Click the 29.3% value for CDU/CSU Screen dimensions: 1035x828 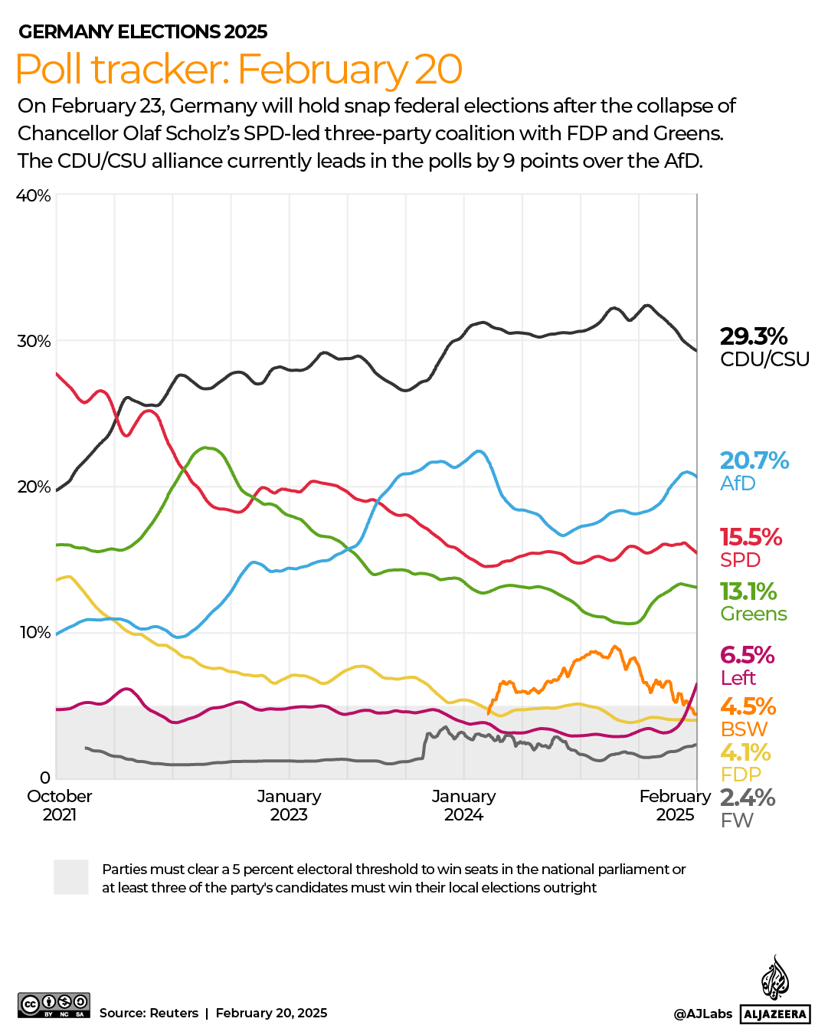pos(754,336)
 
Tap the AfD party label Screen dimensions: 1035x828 pos(738,483)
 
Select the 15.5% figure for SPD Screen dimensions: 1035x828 pos(751,537)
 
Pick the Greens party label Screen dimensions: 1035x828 pos(754,614)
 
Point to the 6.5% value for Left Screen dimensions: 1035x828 pos(747,655)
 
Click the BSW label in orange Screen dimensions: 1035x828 pos(744,729)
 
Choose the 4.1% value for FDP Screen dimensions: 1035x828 pos(745,752)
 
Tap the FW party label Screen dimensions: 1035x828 pos(737,820)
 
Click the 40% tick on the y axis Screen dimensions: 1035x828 pos(34,195)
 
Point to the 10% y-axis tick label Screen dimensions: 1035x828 pos(34,632)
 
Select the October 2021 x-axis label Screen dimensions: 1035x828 pos(60,805)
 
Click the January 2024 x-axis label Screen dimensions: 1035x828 pos(463,805)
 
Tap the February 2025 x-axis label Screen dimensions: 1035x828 pos(675,805)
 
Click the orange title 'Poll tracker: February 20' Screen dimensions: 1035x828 pos(239,69)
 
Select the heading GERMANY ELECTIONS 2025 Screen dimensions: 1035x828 pos(143,31)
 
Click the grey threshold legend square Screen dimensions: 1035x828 pos(71,877)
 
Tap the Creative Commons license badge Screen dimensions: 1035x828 pos(54,1004)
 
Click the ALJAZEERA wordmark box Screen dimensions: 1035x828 pos(775,1014)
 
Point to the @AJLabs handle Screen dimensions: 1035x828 pos(702,1014)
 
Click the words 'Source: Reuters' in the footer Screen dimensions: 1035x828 pos(149,1013)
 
